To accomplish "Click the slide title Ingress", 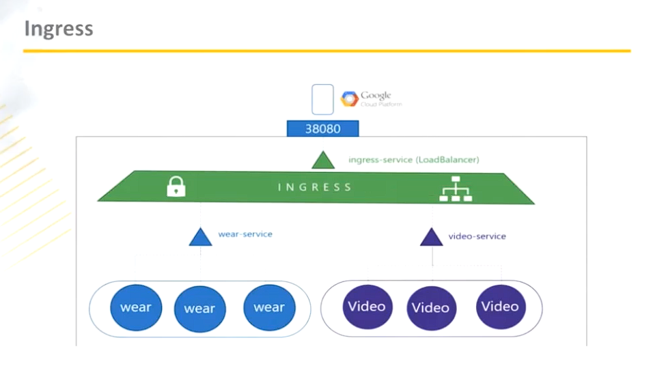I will (x=59, y=29).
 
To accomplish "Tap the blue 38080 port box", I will (x=322, y=128).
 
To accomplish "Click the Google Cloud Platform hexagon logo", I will (x=350, y=100).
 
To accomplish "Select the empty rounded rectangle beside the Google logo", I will (x=322, y=99).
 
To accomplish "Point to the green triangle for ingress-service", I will (x=322, y=160).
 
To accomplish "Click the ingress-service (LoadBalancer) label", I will (x=413, y=160).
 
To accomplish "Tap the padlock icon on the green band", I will (x=176, y=186).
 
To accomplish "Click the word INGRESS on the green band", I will (x=315, y=186).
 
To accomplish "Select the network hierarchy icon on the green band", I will (x=455, y=188).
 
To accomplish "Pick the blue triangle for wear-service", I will (x=200, y=238).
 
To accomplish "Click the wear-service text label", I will (x=245, y=234).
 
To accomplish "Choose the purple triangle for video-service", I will (x=431, y=238).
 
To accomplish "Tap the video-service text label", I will (x=477, y=236).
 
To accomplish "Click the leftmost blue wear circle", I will (x=135, y=307).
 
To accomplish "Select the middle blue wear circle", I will (x=199, y=309).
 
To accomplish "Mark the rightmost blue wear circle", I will (x=268, y=307).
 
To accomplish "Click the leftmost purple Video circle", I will (x=367, y=307).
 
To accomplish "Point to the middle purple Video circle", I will (x=431, y=308).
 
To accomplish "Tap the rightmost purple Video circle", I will (x=500, y=307).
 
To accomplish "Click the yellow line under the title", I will (x=326, y=51).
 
